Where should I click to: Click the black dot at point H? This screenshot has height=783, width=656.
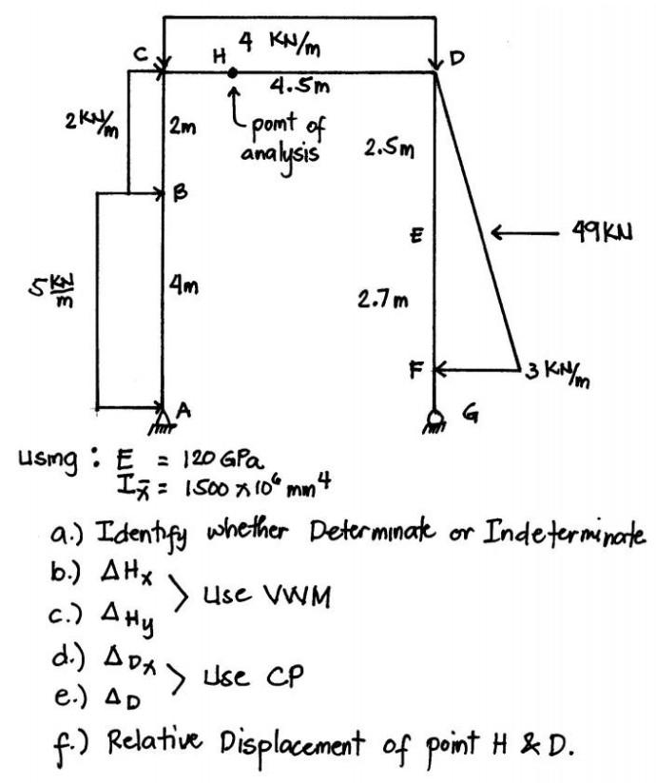point(233,72)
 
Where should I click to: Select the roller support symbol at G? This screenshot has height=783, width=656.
point(435,416)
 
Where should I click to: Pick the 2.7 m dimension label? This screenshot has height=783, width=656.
point(382,302)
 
